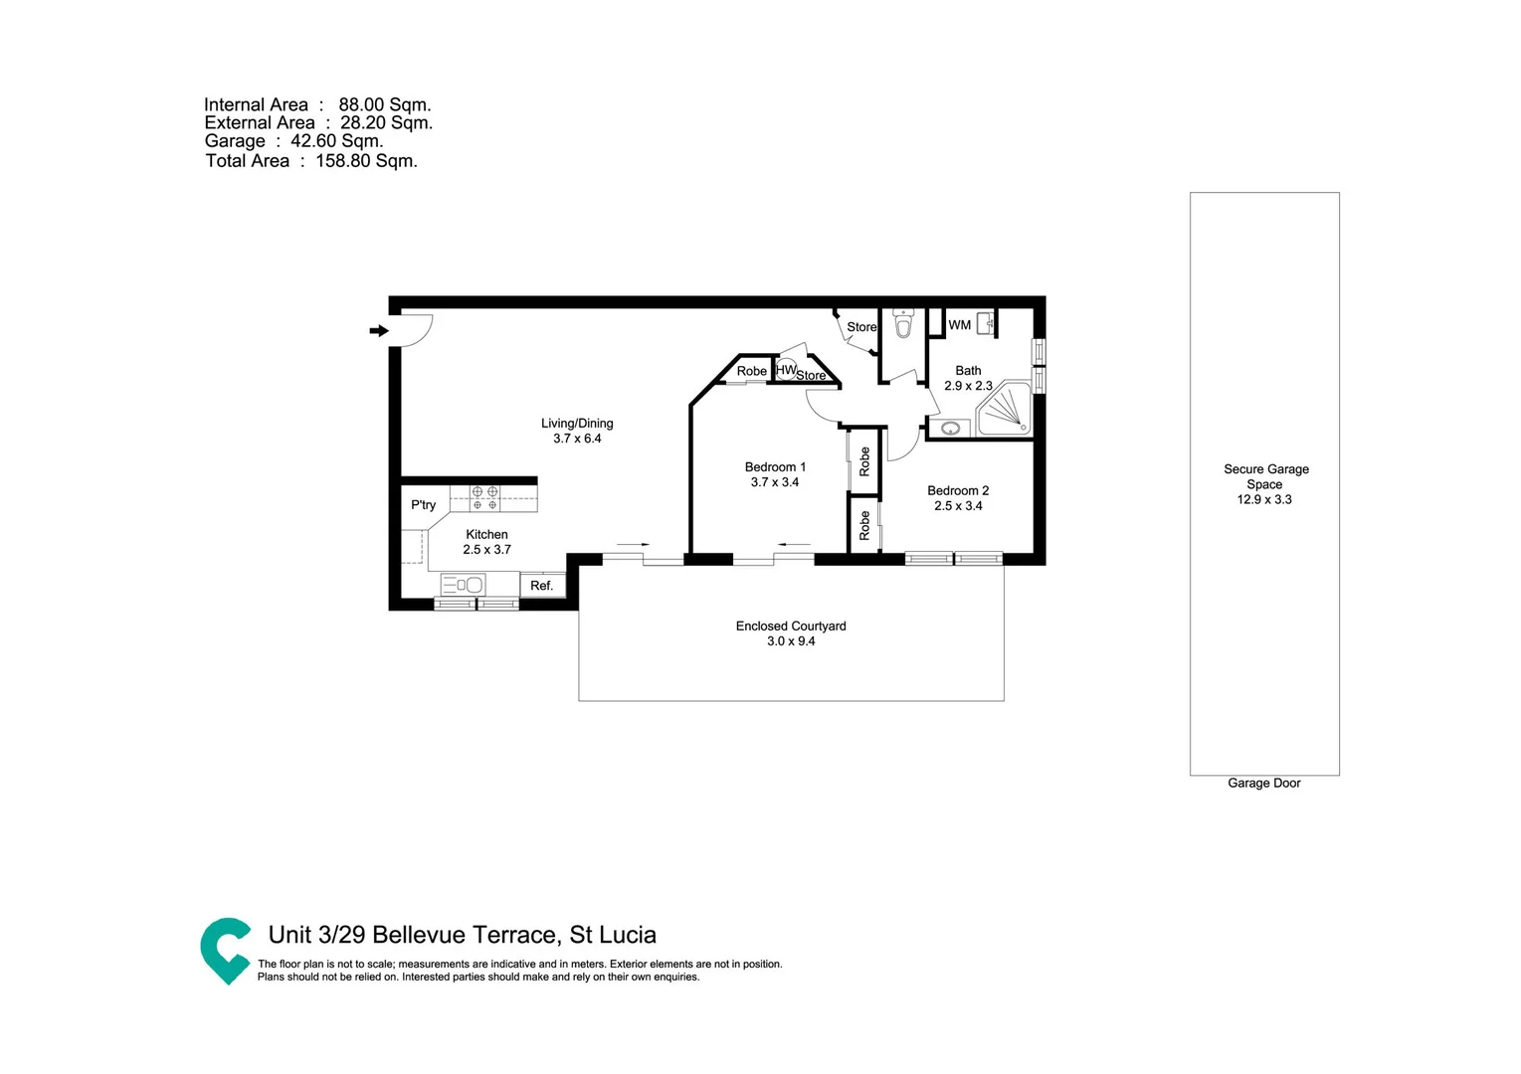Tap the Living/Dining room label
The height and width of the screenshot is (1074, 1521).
577,423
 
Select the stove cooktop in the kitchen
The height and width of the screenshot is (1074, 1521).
484,498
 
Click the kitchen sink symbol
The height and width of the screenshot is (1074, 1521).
464,585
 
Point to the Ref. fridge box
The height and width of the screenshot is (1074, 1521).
542,586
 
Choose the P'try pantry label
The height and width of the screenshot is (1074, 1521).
423,505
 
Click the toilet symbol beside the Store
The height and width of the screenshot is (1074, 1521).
903,324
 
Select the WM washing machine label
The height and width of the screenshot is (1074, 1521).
959,325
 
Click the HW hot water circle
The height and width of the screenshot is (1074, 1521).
786,370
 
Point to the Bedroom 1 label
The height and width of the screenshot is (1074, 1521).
775,467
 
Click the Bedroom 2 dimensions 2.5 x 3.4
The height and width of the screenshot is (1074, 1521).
958,506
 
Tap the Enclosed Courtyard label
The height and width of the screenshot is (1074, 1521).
791,626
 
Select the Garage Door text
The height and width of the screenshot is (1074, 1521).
1263,784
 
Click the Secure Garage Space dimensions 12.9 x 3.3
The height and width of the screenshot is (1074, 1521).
1264,500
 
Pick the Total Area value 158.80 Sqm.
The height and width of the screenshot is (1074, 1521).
366,161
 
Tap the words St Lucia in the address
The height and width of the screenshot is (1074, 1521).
613,935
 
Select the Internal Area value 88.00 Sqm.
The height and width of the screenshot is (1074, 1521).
384,105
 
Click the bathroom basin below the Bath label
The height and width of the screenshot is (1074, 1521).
951,430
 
